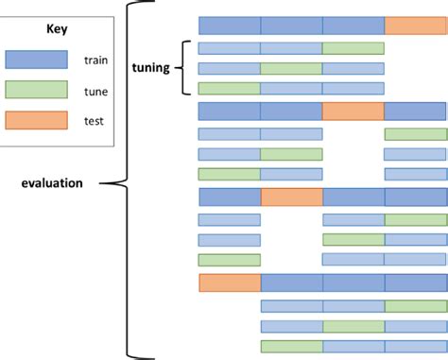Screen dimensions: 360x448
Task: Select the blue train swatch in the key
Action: pyautogui.click(x=36, y=60)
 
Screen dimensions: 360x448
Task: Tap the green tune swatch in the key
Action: pyautogui.click(x=36, y=90)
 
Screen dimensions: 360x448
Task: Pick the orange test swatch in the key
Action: pyautogui.click(x=36, y=120)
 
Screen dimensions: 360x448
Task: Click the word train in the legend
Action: pyautogui.click(x=96, y=60)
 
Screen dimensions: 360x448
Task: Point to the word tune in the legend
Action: pyautogui.click(x=95, y=91)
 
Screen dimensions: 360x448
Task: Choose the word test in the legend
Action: pyautogui.click(x=95, y=121)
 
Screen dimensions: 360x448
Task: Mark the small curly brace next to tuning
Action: pyautogui.click(x=185, y=68)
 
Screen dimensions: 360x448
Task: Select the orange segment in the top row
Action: pyautogui.click(x=415, y=26)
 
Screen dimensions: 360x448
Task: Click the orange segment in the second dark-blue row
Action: pyautogui.click(x=353, y=111)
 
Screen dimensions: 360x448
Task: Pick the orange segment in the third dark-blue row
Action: pyautogui.click(x=291, y=197)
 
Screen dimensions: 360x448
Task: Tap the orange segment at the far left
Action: pyautogui.click(x=229, y=283)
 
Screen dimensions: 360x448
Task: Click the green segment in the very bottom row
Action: pyautogui.click(x=291, y=346)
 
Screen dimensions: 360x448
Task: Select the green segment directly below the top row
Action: pyautogui.click(x=353, y=48)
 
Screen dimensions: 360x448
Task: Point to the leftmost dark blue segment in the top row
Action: pyautogui.click(x=229, y=26)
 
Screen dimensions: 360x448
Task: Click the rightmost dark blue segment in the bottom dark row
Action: pyautogui.click(x=415, y=283)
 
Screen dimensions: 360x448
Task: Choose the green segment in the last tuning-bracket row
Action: pyautogui.click(x=229, y=89)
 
